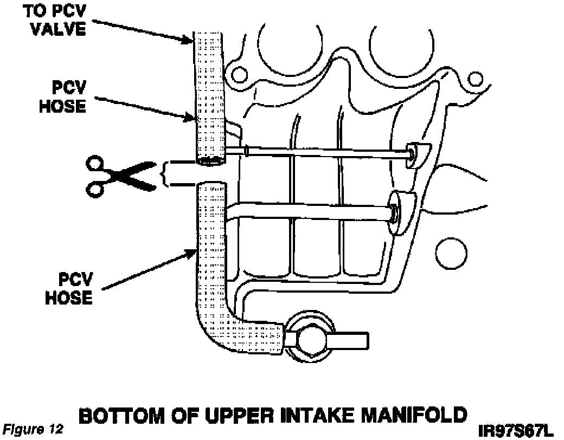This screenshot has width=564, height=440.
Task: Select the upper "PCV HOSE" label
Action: tap(62, 98)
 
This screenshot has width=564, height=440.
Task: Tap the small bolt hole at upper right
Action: tap(476, 79)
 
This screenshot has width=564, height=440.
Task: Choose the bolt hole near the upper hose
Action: tap(237, 73)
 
